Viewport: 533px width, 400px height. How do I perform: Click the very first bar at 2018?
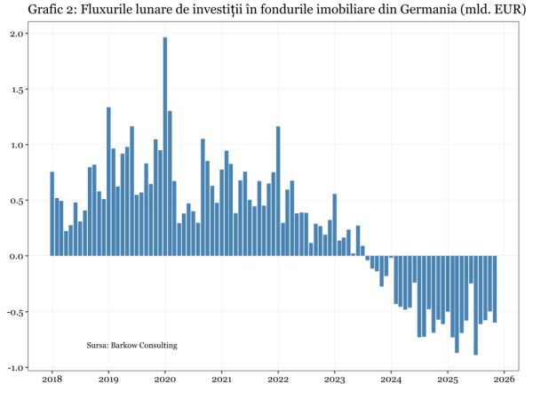[x=52, y=213]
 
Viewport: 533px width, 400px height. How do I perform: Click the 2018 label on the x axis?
[x=52, y=380]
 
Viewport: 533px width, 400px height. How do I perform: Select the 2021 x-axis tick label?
[x=221, y=380]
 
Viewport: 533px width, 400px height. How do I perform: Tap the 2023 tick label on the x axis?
[x=334, y=380]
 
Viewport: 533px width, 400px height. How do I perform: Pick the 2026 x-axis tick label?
[x=504, y=380]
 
